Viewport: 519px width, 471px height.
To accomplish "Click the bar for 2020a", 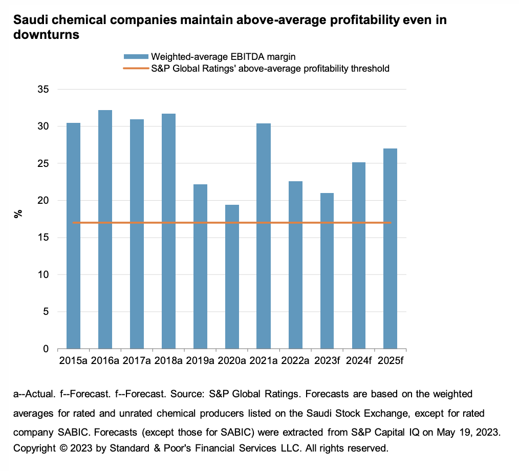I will coord(232,276).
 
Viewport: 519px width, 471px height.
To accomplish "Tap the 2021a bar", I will coord(264,236).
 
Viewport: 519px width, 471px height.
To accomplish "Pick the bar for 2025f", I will coord(390,248).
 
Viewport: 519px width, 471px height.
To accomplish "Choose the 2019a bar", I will coord(200,266).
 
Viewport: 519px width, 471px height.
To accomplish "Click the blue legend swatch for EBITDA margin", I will coord(136,57).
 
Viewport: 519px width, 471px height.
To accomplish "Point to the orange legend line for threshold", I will coord(136,68).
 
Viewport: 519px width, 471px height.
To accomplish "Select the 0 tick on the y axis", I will coord(46,349).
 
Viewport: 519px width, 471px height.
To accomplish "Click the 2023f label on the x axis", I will coord(327,361).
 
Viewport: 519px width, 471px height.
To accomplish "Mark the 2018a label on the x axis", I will coord(168,361).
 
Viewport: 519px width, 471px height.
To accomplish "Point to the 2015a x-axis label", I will coord(73,361).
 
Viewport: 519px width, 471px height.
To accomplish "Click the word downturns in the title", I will coord(46,35).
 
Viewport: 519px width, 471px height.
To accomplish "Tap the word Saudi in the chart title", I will coord(30,21).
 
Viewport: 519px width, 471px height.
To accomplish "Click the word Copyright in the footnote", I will coord(34,448).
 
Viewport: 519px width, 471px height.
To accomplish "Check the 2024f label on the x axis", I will coord(359,361).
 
